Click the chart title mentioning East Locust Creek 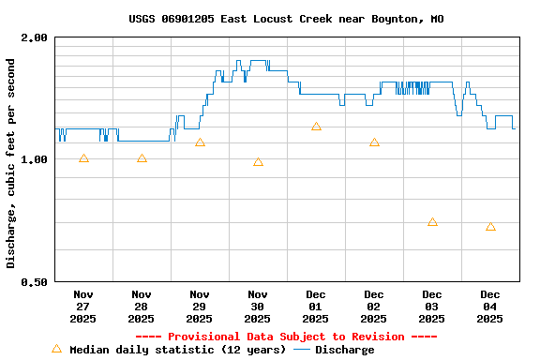pyautogui.click(x=286, y=19)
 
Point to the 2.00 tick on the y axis pyautogui.click(x=34, y=38)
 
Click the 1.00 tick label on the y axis pyautogui.click(x=34, y=159)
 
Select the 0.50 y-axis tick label pyautogui.click(x=34, y=282)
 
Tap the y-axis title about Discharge pyautogui.click(x=11, y=163)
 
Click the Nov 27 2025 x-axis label pyautogui.click(x=83, y=306)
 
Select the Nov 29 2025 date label pyautogui.click(x=200, y=306)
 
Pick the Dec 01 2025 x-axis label pyautogui.click(x=316, y=306)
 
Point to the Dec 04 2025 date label pyautogui.click(x=490, y=306)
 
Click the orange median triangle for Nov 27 pyautogui.click(x=83, y=158)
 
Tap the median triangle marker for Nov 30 pyautogui.click(x=258, y=162)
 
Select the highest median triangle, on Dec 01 pyautogui.click(x=316, y=127)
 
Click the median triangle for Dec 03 pyautogui.click(x=432, y=222)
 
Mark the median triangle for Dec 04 pyautogui.click(x=490, y=227)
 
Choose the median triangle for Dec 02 pyautogui.click(x=374, y=142)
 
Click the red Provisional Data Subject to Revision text pyautogui.click(x=286, y=337)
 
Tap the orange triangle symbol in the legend pyautogui.click(x=56, y=349)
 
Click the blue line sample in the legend pyautogui.click(x=302, y=350)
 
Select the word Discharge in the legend pyautogui.click(x=344, y=350)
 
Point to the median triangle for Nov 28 pyautogui.click(x=142, y=158)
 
